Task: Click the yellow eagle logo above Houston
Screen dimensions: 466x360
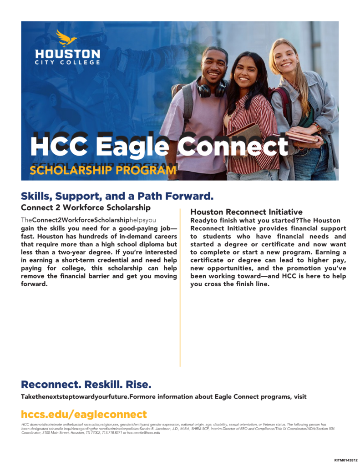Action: tap(66, 38)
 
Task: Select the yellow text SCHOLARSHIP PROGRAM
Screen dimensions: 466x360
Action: tap(102, 171)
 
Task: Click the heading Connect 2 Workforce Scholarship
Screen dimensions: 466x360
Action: tap(86, 208)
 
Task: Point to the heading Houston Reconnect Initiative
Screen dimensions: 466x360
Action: tap(246, 212)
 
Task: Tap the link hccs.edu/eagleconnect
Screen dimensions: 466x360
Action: tap(84, 414)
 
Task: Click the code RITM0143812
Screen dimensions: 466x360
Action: tap(346, 460)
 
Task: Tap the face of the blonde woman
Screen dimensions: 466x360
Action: tap(286, 56)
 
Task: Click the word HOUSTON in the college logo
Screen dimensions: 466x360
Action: tap(67, 54)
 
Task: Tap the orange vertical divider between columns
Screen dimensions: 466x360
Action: tap(180, 291)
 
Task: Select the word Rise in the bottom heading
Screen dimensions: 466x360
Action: tap(138, 384)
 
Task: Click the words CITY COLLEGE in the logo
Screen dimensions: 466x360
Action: tap(67, 62)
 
